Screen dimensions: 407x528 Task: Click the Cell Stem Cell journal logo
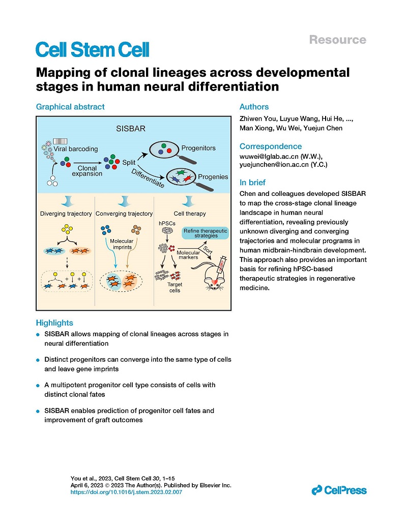(92, 50)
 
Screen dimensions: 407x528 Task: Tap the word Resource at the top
(338, 40)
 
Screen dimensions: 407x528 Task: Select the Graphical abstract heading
(70, 107)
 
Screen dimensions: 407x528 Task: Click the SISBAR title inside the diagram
(131, 129)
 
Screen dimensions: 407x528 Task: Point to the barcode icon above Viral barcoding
(61, 141)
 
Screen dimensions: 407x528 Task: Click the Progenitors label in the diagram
(198, 148)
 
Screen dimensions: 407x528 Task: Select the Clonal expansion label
(87, 171)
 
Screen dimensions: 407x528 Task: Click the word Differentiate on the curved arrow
(148, 178)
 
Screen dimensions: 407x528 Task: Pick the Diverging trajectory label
(66, 214)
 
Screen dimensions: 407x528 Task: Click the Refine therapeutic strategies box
(205, 233)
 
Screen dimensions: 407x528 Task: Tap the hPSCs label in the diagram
(167, 223)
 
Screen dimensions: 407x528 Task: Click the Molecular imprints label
(122, 244)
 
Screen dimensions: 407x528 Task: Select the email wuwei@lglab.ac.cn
(269, 157)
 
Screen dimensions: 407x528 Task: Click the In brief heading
(252, 183)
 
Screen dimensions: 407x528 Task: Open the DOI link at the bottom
(126, 492)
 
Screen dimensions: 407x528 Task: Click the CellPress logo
(339, 490)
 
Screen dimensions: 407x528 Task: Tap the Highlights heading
(54, 322)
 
